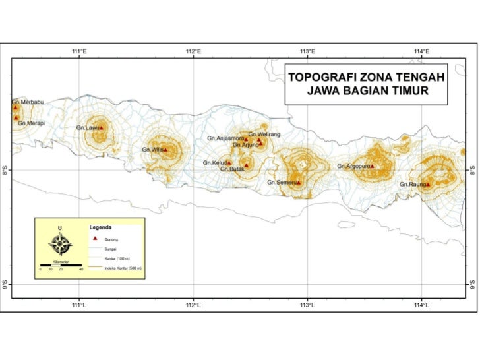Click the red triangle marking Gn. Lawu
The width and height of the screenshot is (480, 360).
coord(101,128)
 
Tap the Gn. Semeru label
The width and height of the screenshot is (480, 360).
coord(281,181)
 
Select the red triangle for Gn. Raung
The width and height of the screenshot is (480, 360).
coord(427,184)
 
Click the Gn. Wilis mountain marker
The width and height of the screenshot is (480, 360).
coord(165,150)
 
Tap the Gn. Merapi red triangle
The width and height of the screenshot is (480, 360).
coord(16,117)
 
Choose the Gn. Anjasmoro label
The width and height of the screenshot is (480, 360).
coord(225,138)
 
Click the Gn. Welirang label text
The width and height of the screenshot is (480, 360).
coord(264,134)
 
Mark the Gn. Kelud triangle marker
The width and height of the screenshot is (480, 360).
coord(229,162)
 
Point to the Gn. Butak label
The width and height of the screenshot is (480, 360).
coord(233,169)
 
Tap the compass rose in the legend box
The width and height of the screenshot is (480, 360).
coord(61,245)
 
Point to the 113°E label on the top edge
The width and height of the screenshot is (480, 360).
coord(308,51)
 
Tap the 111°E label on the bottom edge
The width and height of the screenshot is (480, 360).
coord(80,305)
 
